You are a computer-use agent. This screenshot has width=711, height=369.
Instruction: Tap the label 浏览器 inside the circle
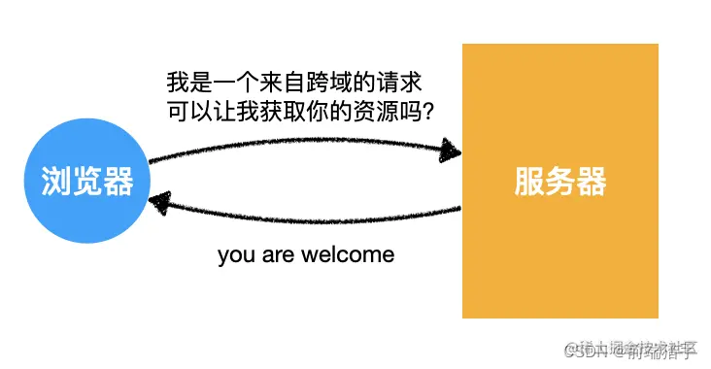87,181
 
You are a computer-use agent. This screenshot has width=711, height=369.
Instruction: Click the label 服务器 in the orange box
560,182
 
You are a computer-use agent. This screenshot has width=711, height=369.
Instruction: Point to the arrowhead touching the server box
450,151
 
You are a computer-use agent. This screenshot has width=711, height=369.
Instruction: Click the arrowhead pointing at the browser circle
161,201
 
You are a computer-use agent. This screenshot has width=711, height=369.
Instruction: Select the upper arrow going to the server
301,146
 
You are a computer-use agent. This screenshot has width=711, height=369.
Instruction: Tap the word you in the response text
235,255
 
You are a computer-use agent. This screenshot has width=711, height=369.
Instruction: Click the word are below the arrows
280,255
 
